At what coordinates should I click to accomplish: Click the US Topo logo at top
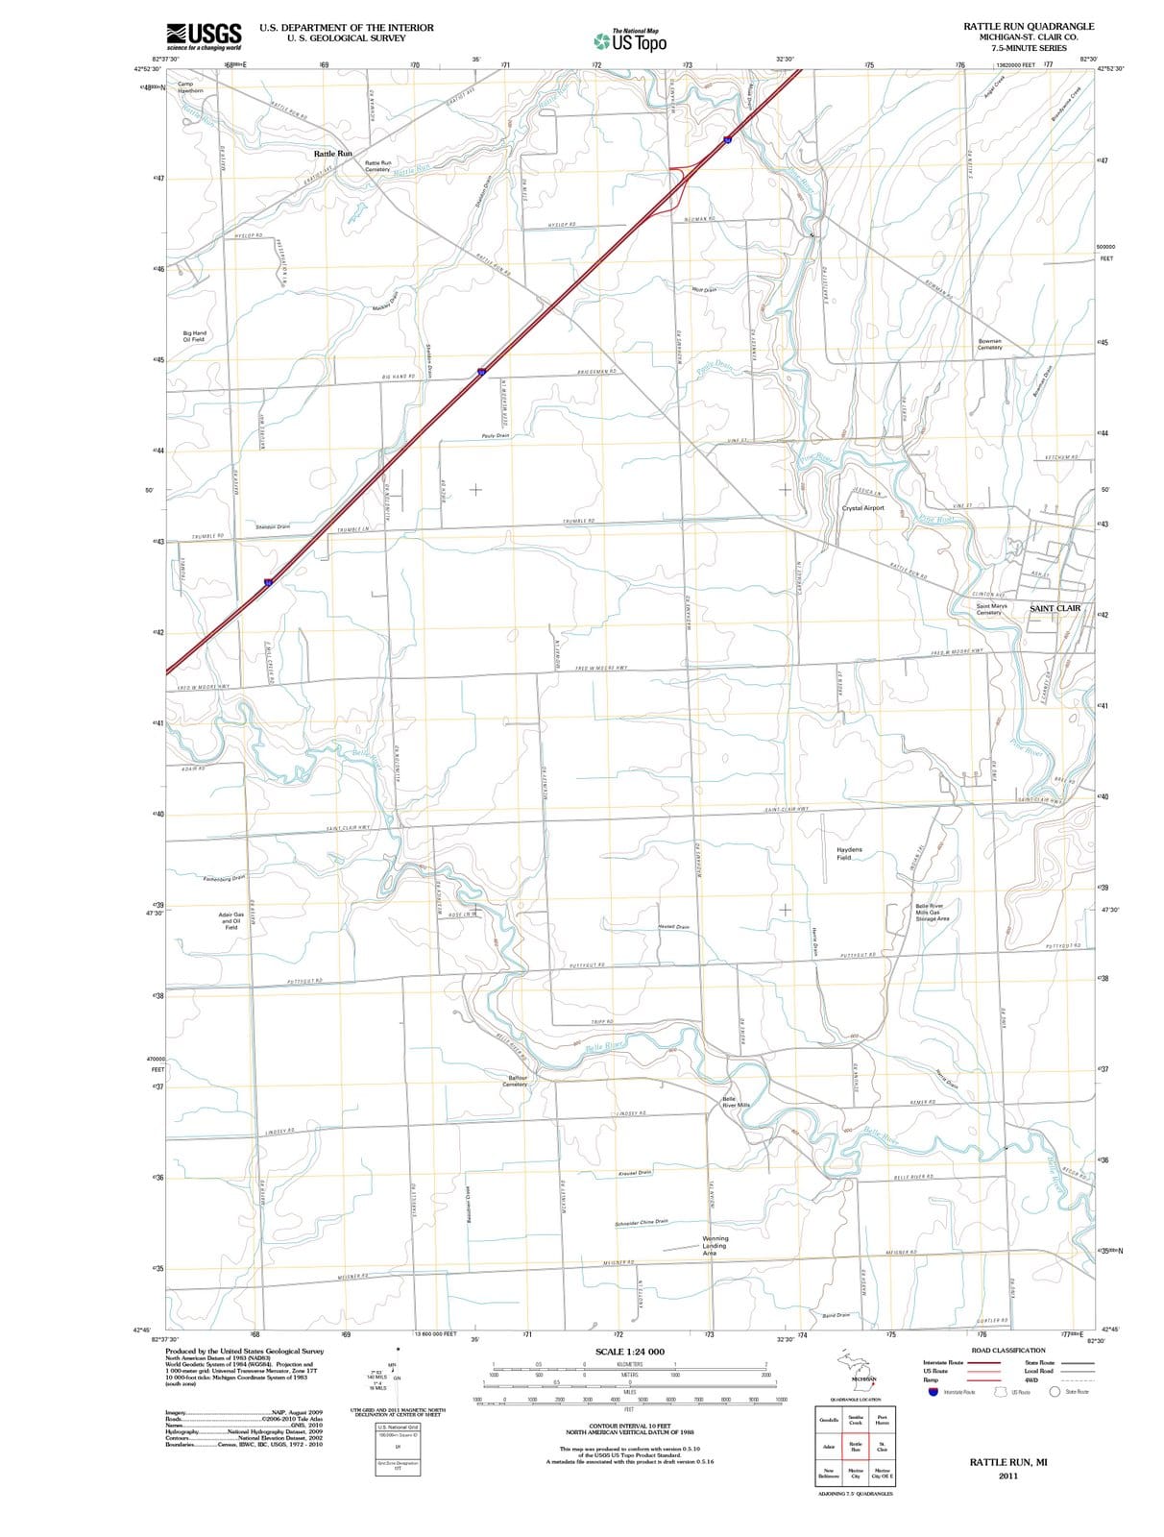(630, 40)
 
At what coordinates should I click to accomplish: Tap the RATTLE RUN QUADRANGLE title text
(1029, 26)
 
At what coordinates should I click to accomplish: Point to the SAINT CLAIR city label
(1055, 608)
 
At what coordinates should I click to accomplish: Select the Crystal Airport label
(862, 508)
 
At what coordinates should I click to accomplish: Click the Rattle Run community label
(333, 154)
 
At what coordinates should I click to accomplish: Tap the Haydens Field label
(849, 853)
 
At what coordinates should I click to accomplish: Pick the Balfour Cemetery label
(518, 1082)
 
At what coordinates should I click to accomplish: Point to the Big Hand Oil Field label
(194, 336)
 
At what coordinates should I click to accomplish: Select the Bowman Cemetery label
(989, 344)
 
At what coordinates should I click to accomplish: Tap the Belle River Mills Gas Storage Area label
(932, 912)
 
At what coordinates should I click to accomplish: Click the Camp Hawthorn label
(190, 87)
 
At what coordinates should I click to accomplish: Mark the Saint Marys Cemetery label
(991, 609)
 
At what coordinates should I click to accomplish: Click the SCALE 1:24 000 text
(629, 1352)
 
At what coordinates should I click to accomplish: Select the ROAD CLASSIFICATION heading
(1007, 1350)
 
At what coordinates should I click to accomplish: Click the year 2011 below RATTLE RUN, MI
(1007, 1476)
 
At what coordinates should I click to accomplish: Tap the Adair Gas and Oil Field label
(231, 920)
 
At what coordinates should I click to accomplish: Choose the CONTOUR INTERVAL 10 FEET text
(629, 1426)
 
